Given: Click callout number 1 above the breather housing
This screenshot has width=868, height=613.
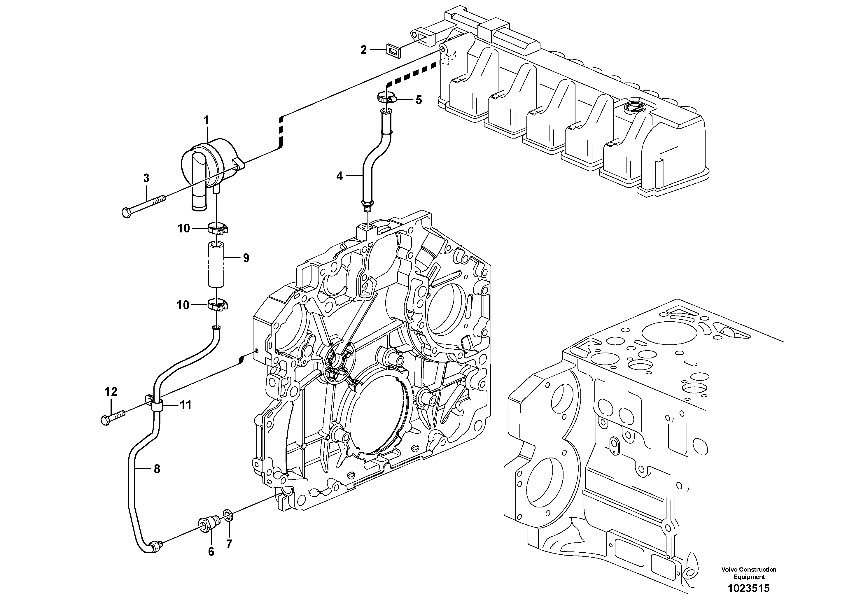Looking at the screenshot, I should (206, 120).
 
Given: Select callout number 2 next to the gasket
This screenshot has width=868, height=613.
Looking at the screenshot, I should (364, 50).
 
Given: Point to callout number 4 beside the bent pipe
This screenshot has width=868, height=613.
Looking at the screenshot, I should (339, 176).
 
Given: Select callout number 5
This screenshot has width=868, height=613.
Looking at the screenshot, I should (419, 100).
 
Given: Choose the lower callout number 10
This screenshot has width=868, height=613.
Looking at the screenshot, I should (183, 305).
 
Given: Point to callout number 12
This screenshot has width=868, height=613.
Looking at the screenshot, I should (111, 392).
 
